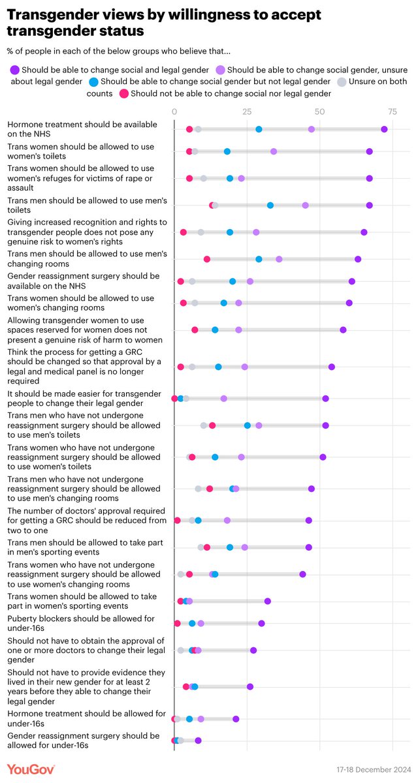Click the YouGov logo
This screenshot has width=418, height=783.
click(x=31, y=769)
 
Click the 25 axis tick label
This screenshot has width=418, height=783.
click(x=246, y=112)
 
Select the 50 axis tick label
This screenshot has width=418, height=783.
click(x=319, y=112)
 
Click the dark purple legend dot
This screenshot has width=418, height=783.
click(x=14, y=69)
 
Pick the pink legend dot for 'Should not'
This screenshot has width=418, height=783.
click(x=123, y=93)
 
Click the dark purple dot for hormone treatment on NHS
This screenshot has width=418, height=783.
click(x=384, y=129)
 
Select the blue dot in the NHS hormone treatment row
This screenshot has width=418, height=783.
click(x=259, y=129)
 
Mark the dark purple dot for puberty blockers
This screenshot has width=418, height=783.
click(x=261, y=623)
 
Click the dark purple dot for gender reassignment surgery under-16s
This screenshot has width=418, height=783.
click(x=198, y=740)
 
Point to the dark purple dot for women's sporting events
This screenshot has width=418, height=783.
click(x=267, y=601)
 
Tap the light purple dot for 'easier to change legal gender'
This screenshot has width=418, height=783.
click(x=223, y=398)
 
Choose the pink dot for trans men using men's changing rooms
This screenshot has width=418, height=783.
click(x=207, y=259)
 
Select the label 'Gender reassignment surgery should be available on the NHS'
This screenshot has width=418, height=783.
click(x=83, y=281)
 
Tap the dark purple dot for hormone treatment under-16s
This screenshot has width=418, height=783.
click(x=236, y=718)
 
